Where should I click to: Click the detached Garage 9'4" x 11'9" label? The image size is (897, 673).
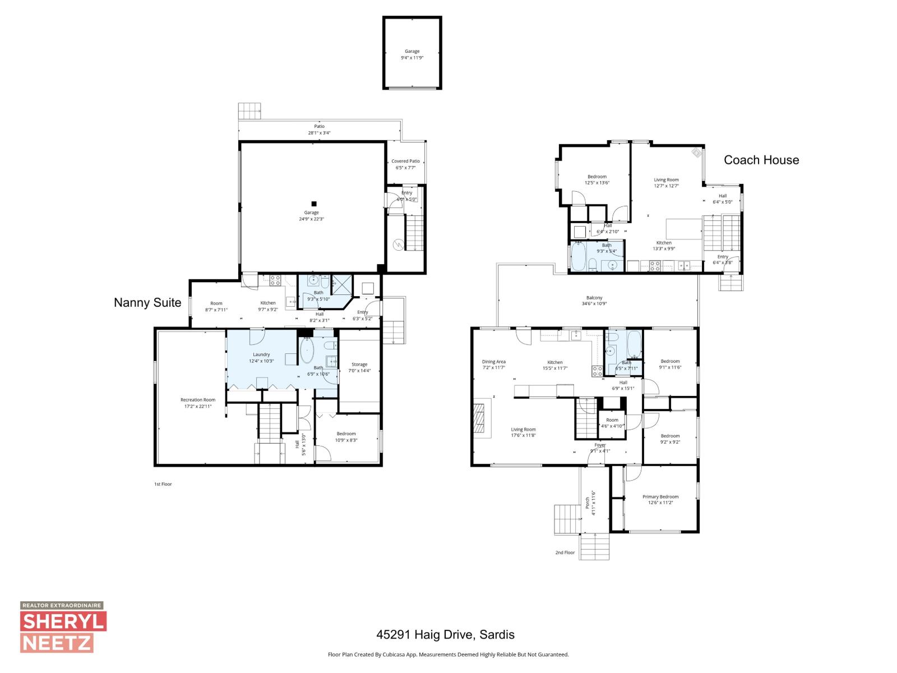coord(412,54)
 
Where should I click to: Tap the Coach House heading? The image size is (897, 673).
coord(761,160)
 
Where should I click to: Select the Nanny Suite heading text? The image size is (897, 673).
coord(147,303)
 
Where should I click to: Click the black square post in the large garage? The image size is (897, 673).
coord(314,204)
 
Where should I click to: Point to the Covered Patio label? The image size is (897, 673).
coord(405,164)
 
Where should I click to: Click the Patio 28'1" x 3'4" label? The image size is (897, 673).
coord(319,130)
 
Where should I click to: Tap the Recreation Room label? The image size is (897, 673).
coord(198,403)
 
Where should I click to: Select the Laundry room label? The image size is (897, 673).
coord(261,357)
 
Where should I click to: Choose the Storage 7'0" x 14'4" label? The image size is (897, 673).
coord(359,367)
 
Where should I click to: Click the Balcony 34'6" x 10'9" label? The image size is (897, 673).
coord(594,301)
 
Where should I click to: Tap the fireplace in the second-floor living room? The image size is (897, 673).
coord(480,417)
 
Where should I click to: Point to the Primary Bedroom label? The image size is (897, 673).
coord(660,499)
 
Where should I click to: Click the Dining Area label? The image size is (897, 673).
coord(493,365)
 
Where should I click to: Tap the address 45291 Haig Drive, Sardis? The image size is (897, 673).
coord(445,635)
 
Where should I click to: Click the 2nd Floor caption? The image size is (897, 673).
coord(565,552)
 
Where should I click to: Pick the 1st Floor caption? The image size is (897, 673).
coord(163,484)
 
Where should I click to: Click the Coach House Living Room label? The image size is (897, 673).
coord(666,183)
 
